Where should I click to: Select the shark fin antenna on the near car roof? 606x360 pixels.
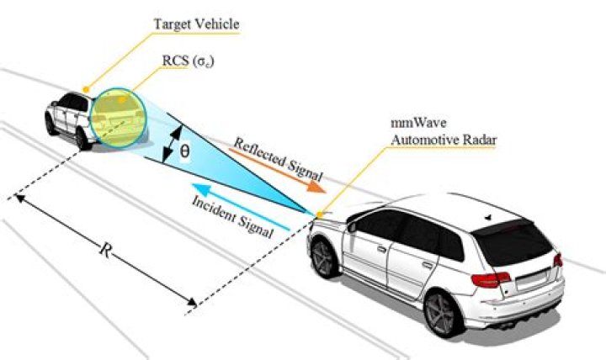487,216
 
